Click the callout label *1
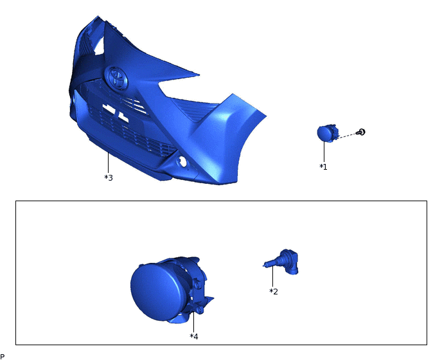pyautogui.click(x=323, y=166)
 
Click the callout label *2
pyautogui.click(x=274, y=291)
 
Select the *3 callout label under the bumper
pyautogui.click(x=109, y=177)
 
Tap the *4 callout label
pyautogui.click(x=194, y=336)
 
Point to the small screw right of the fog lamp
pyautogui.click(x=362, y=132)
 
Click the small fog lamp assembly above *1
pyautogui.click(x=326, y=133)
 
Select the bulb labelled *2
pyautogui.click(x=283, y=261)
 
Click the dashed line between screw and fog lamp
pyautogui.click(x=348, y=135)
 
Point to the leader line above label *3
pyautogui.click(x=109, y=162)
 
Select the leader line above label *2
pyautogui.click(x=273, y=276)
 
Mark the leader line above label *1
pyautogui.click(x=324, y=152)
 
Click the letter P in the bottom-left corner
pyautogui.click(x=3, y=356)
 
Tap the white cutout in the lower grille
pyautogui.click(x=109, y=111)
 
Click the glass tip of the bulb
pyautogui.click(x=267, y=263)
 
